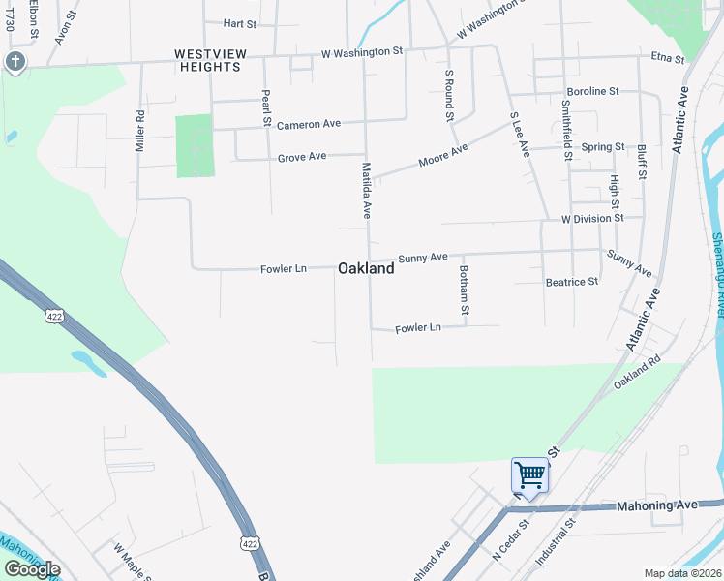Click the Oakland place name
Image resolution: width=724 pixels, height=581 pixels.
point(366,269)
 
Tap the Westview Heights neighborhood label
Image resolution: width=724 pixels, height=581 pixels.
point(207,59)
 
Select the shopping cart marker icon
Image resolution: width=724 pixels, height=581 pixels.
point(529,475)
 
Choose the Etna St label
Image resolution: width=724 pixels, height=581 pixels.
point(668,59)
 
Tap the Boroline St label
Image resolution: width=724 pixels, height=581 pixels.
point(592,91)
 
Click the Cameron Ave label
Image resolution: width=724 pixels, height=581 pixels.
point(309,125)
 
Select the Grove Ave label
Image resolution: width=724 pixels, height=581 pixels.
point(302,158)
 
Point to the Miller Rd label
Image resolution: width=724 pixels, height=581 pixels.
point(140,131)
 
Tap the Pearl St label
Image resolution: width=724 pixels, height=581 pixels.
point(265,107)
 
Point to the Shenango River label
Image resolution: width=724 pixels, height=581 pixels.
point(717,275)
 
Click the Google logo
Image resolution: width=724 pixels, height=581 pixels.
point(32,569)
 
